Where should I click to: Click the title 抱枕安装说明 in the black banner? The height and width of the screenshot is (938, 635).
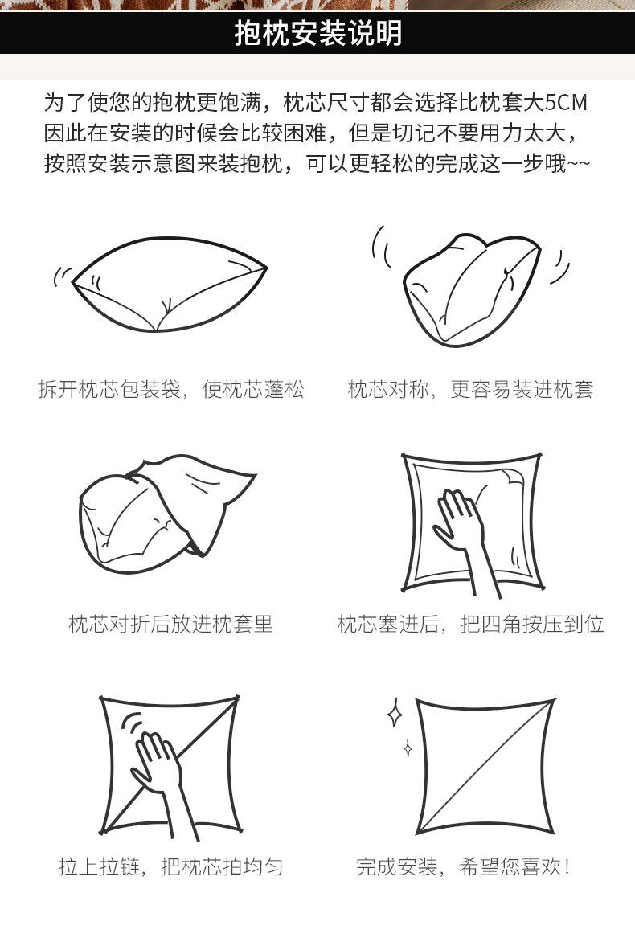coord(317,33)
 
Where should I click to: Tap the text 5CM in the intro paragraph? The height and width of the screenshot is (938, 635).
coord(565,103)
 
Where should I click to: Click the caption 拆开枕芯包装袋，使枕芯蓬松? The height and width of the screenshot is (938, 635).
coord(171,390)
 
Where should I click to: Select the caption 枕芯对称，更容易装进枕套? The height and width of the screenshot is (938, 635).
coord(470,390)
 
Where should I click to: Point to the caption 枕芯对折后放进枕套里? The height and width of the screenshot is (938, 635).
coord(171,624)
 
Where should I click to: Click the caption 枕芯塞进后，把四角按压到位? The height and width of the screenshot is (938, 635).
coord(470,624)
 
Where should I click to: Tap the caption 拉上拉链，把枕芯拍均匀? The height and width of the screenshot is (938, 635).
coord(171,866)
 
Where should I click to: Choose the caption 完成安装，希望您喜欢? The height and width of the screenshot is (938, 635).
coord(463,866)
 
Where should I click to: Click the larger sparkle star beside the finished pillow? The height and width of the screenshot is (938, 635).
coord(394,712)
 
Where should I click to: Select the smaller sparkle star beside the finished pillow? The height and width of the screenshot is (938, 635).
coord(408,748)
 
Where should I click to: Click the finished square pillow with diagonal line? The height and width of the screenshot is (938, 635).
coord(485,767)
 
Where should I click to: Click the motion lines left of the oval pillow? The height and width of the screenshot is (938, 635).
coord(61,276)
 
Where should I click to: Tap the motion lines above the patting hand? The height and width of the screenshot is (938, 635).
coord(133,724)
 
